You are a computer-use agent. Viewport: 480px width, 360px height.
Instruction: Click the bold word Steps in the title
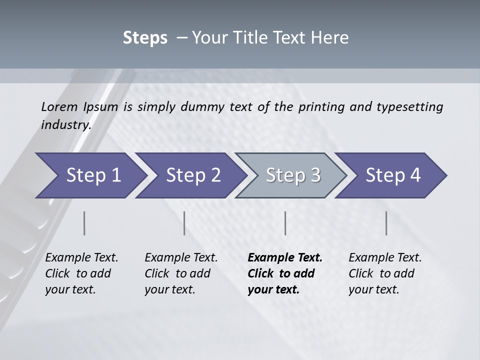pos(145,38)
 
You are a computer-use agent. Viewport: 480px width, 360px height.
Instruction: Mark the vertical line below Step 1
pos(84,223)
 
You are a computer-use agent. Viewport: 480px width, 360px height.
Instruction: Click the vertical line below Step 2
pos(184,223)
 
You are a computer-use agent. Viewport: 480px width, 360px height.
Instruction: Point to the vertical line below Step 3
pos(285,223)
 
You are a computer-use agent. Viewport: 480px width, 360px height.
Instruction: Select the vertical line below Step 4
pos(386,223)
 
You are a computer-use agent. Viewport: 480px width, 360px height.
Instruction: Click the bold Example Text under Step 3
pos(285,258)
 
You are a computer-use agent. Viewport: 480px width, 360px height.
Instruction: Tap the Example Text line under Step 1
pos(81,258)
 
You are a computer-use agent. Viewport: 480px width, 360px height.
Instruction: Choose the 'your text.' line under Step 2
pos(169,289)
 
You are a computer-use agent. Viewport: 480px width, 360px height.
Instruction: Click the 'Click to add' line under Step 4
pos(381,273)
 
